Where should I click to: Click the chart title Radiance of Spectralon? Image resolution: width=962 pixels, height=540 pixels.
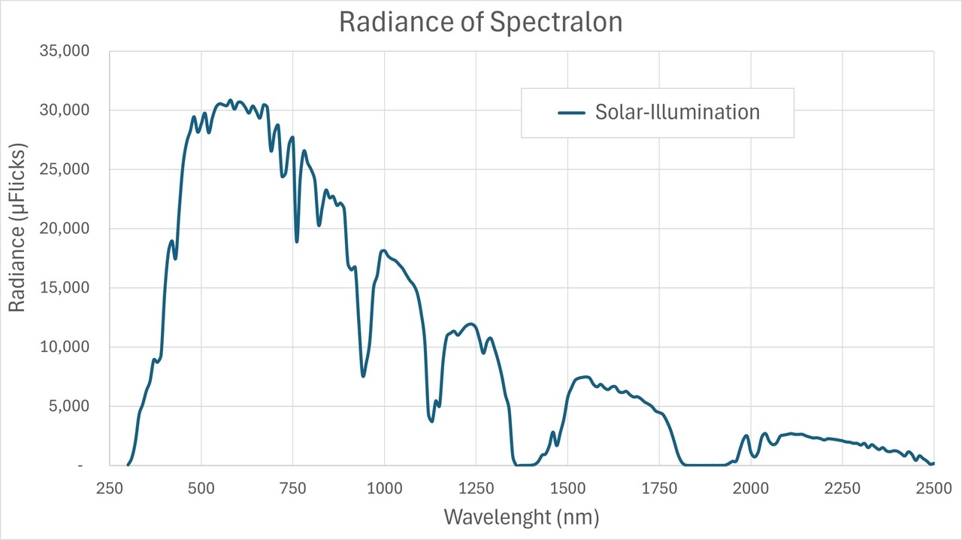tap(481, 22)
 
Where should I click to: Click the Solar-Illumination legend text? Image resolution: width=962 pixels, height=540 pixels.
tap(677, 112)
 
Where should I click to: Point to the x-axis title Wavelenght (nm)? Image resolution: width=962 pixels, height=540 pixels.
tap(522, 517)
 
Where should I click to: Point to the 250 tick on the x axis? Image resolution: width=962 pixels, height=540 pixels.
tap(110, 487)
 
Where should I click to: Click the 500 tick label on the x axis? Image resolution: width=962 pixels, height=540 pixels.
tap(201, 487)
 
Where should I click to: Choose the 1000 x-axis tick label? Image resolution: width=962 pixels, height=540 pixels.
tap(384, 487)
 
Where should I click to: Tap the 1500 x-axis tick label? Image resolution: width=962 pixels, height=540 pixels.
tap(567, 487)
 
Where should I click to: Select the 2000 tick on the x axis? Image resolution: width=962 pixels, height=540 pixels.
tap(751, 487)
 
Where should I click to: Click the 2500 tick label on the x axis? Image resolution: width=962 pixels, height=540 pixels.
tap(933, 487)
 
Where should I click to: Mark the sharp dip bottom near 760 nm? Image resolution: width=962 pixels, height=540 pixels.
tap(297, 241)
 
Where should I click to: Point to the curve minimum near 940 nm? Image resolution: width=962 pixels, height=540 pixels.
tap(363, 375)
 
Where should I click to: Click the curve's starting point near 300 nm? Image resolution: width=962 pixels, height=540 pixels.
tap(128, 465)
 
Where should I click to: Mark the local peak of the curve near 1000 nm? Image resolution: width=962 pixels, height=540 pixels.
tap(383, 250)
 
